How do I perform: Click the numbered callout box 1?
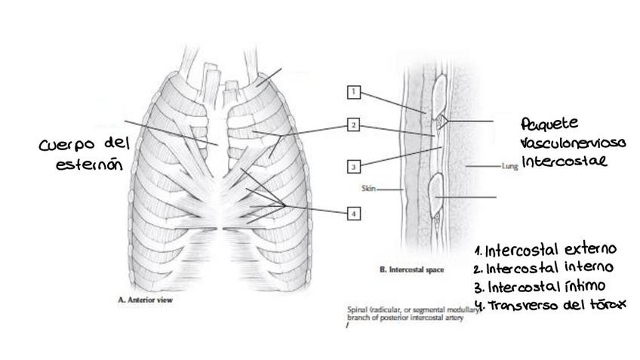[353, 92]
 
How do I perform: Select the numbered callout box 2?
[353, 125]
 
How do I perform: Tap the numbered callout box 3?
[353, 166]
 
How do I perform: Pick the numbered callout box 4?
[353, 214]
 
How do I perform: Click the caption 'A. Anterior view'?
[146, 300]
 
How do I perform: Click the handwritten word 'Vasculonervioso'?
[563, 143]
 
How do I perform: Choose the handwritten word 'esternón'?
[88, 162]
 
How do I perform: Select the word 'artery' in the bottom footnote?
[451, 318]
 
